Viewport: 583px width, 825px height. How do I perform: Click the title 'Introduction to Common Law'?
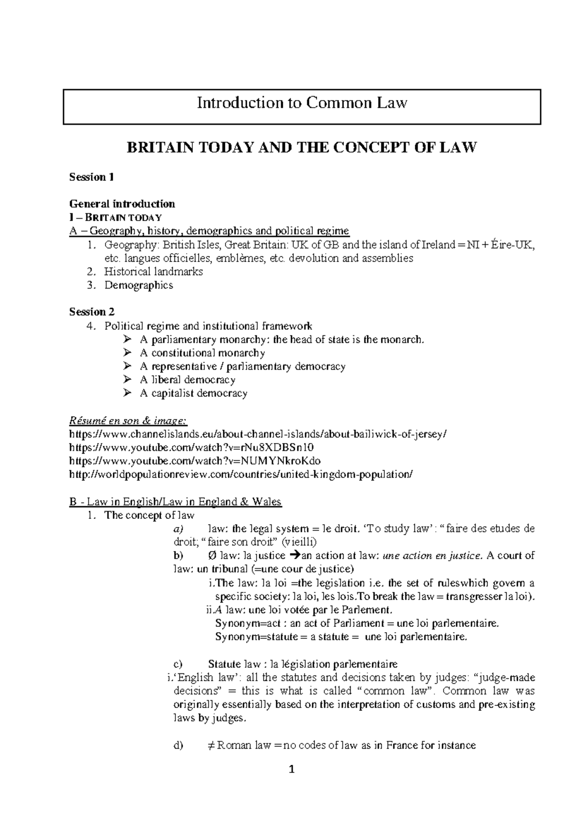(302, 103)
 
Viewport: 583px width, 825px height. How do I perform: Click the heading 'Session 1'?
(91, 177)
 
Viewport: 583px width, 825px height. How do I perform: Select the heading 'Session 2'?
(92, 312)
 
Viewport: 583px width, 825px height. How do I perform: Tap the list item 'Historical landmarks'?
(154, 272)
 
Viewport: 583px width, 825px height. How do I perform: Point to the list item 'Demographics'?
(138, 285)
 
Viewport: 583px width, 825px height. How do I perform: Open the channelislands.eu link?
(257, 434)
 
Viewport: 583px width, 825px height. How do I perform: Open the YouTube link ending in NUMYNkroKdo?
(195, 461)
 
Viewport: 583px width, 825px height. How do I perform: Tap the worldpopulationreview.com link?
(241, 474)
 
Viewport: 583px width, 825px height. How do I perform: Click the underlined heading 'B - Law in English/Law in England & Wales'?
(175, 501)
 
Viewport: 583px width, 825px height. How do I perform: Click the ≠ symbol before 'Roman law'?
(210, 745)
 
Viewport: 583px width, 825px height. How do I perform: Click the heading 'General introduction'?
(122, 204)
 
